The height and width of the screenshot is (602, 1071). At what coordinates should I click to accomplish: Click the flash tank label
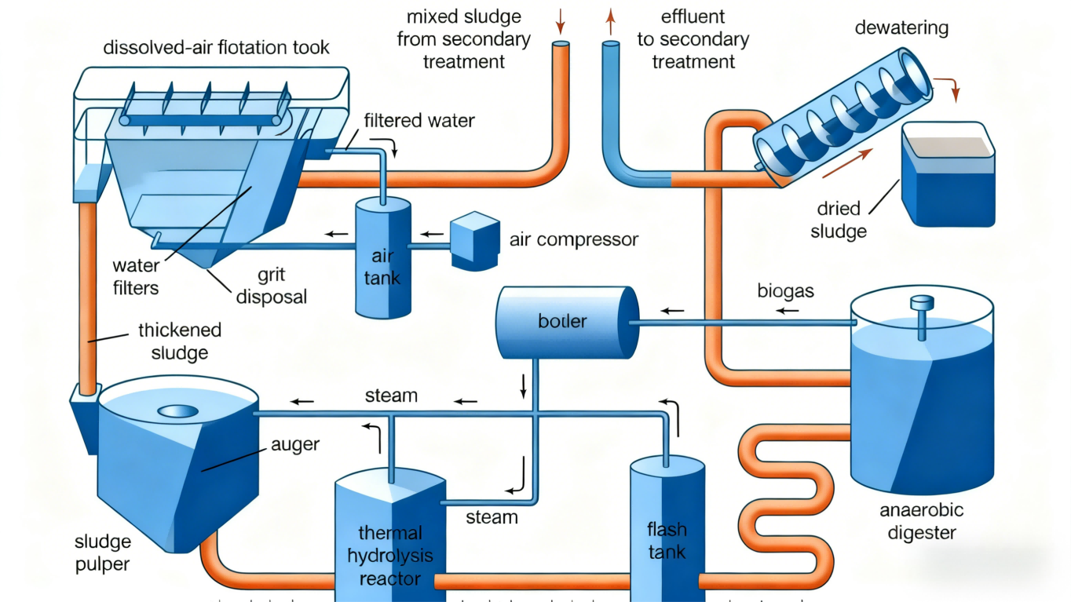[667, 538]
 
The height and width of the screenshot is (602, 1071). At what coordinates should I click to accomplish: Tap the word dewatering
[901, 29]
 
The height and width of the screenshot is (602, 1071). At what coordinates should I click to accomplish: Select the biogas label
[785, 291]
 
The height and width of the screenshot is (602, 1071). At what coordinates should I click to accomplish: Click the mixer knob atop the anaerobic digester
[919, 302]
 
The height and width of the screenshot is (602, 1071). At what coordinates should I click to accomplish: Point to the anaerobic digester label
[921, 521]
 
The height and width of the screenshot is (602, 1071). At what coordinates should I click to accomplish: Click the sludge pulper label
[102, 553]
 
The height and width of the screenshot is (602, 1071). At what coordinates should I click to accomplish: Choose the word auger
[295, 445]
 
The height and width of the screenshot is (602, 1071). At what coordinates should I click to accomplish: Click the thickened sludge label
[179, 341]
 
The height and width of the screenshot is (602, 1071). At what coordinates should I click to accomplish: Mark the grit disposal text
[270, 286]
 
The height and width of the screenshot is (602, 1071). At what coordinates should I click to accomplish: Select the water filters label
[136, 277]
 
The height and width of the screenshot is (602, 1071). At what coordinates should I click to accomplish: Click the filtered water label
[419, 121]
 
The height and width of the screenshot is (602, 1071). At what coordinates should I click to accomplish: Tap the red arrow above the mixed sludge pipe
[560, 17]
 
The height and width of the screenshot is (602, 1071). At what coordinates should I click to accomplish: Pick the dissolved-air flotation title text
[217, 48]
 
